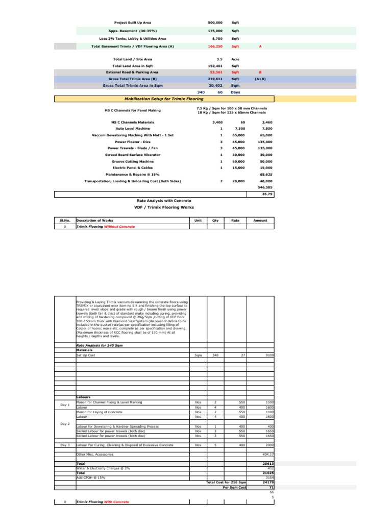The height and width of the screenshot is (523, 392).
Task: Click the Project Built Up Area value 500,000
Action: pos(215,23)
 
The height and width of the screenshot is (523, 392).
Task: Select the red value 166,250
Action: pos(215,46)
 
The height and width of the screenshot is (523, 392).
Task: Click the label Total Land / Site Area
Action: pos(132,59)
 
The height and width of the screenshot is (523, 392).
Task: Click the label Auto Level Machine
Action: pos(132,129)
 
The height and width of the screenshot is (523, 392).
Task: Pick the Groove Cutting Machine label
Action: pos(132,161)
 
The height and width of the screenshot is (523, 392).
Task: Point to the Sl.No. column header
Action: pos(65,220)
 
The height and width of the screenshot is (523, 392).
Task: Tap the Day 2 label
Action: pos(65,424)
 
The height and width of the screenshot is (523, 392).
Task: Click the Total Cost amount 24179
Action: pos(268,482)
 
